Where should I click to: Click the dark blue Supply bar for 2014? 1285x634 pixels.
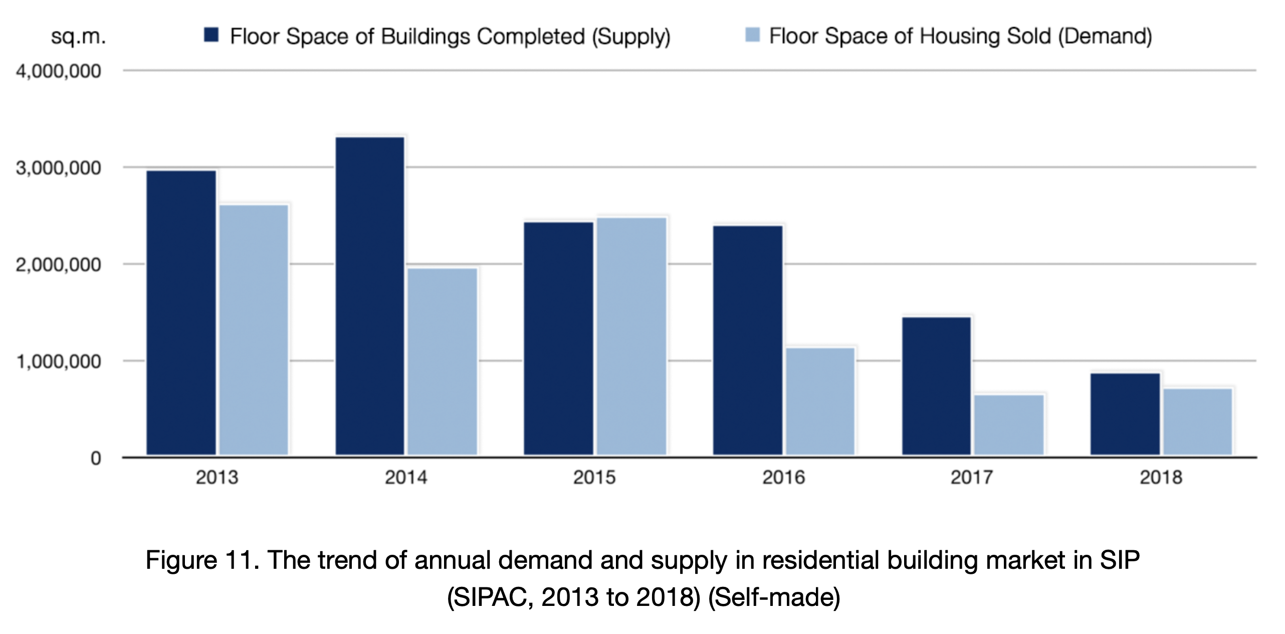(x=370, y=296)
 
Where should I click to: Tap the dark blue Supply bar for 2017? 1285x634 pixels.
(x=936, y=386)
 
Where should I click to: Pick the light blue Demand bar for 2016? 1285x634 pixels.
(x=820, y=401)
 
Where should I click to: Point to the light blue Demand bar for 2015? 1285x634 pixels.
(x=631, y=336)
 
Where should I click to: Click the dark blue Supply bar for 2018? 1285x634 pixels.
(x=1125, y=414)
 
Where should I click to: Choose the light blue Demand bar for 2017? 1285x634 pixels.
(x=1009, y=425)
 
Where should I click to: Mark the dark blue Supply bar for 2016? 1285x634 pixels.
(x=748, y=340)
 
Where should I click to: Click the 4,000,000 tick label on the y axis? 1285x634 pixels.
(x=59, y=72)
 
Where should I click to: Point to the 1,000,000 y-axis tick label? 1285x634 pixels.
(x=59, y=362)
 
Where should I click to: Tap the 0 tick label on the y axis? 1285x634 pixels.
(x=95, y=458)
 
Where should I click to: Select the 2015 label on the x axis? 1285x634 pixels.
(x=594, y=478)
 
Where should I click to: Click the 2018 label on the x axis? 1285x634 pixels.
(x=1161, y=478)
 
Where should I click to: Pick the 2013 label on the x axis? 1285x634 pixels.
(x=217, y=478)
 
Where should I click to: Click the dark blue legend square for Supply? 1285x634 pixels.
(x=211, y=35)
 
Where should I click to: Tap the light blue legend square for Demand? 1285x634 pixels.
(x=752, y=35)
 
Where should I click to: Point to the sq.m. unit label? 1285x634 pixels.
(x=79, y=37)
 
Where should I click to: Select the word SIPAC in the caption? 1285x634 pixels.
(x=490, y=597)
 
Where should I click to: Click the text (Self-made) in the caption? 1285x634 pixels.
(x=774, y=597)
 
